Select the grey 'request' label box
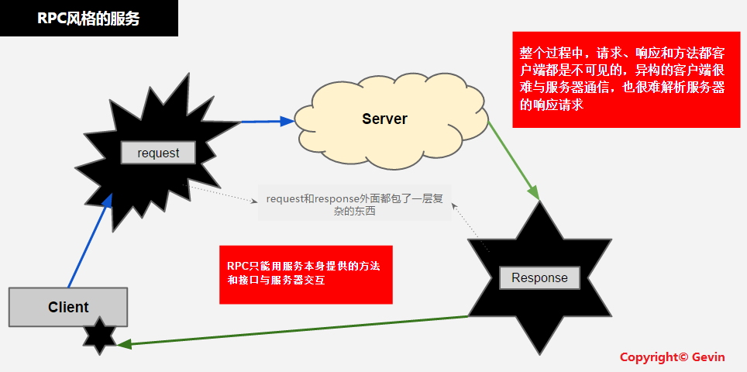point(158,153)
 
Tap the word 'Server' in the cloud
point(384,119)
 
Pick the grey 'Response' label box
point(539,277)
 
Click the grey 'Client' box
point(68,307)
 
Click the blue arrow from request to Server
point(263,121)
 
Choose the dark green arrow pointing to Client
point(294,330)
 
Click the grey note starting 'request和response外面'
point(354,205)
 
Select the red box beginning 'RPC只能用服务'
point(305,274)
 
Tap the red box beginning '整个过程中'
point(622,79)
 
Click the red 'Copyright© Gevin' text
point(672,357)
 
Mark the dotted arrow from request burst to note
point(225,194)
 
